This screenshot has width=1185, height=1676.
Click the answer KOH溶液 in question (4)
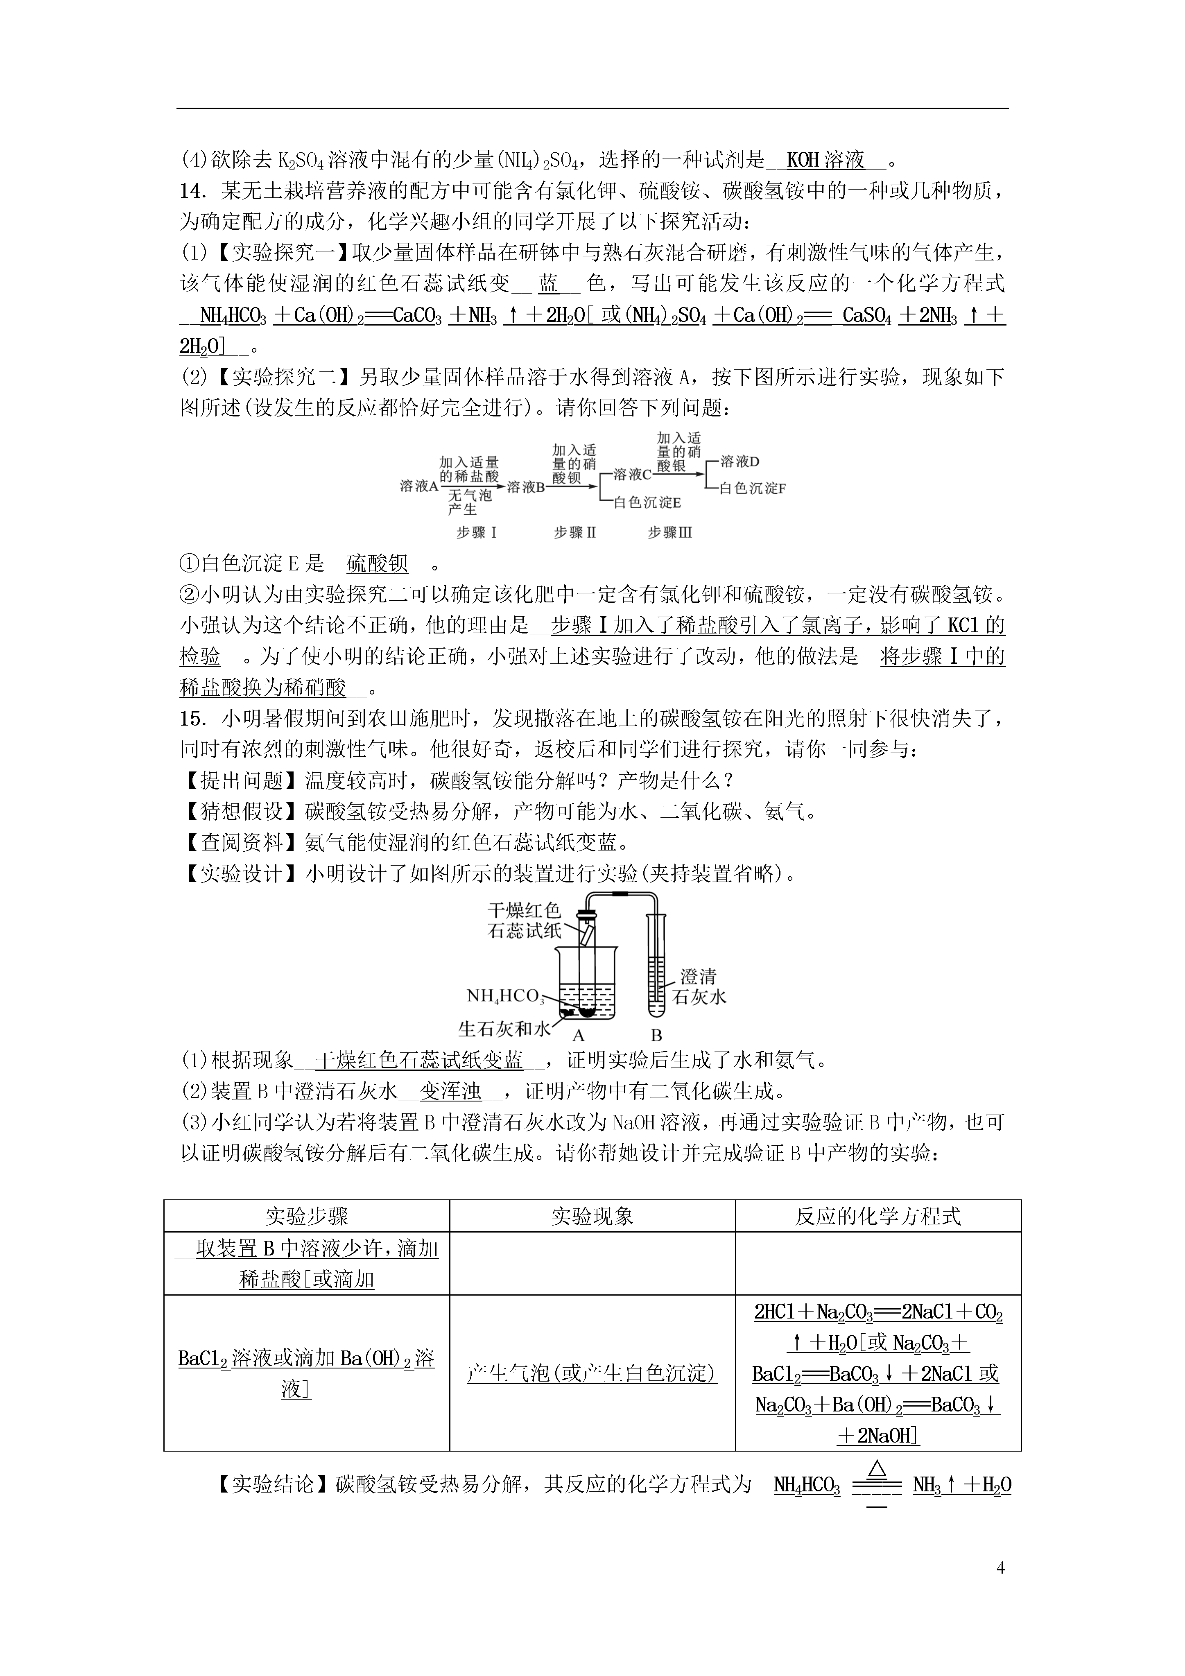(826, 159)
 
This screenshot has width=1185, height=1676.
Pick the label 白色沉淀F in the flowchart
(752, 489)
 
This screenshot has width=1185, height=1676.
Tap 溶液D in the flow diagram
(739, 461)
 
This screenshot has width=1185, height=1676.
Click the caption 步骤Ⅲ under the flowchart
(669, 533)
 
